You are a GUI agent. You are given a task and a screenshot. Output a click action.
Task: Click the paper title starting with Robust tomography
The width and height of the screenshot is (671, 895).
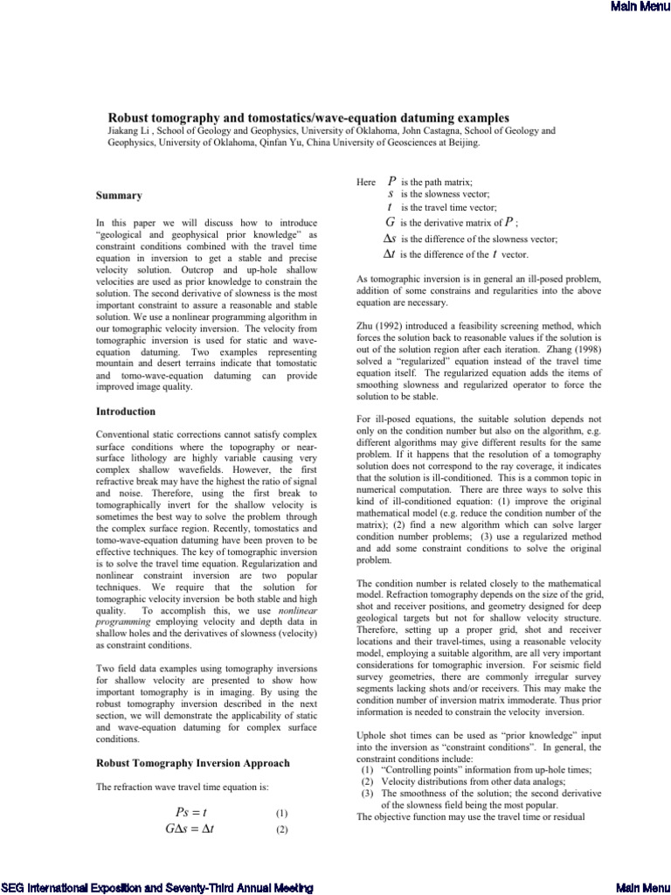[x=308, y=116]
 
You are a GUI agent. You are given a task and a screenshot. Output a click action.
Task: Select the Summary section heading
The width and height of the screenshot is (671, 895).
[x=119, y=195]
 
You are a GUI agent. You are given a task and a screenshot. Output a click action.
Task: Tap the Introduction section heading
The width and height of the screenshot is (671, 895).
[x=126, y=411]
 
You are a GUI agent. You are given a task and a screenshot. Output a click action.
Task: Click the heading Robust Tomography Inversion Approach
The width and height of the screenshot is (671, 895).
[x=192, y=763]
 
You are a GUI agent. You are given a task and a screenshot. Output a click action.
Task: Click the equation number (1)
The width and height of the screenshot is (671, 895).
[x=281, y=813]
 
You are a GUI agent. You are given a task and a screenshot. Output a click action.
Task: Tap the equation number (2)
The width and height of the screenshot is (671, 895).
[x=281, y=830]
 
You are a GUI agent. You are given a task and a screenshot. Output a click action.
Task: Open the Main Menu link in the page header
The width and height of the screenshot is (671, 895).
[x=642, y=8]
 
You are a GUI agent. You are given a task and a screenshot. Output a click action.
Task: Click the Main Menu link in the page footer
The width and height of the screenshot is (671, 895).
[x=642, y=887]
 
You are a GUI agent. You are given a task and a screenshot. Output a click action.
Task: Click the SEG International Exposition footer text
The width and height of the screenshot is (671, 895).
[x=156, y=887]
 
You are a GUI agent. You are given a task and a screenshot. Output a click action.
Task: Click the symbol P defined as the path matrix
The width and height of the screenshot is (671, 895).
[x=391, y=181]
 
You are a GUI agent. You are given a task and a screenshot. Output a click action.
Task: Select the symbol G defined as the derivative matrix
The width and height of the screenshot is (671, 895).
[x=391, y=223]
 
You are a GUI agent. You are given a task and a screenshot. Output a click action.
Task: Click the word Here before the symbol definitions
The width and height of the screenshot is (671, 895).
[x=366, y=182]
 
